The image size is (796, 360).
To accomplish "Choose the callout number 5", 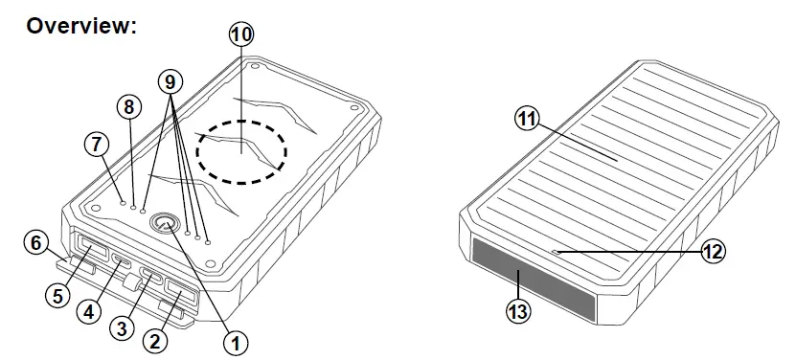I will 57,295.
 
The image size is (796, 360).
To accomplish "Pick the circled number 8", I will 128,106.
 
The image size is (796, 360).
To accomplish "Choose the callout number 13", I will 519,312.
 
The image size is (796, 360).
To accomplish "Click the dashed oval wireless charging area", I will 242,151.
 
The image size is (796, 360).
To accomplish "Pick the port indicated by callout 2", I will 177,291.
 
